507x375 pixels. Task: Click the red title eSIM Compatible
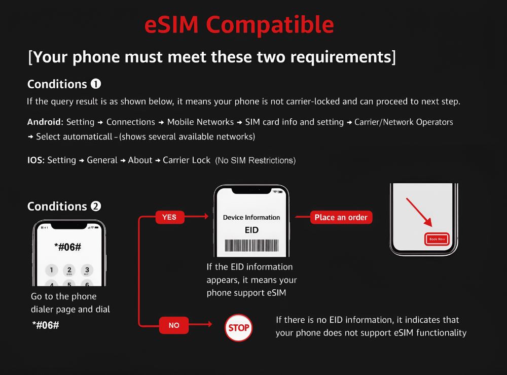click(239, 24)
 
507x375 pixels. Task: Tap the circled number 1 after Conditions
click(96, 84)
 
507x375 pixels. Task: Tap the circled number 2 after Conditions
click(96, 207)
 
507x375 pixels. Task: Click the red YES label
click(169, 217)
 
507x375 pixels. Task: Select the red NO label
click(174, 325)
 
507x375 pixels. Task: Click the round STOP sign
click(239, 328)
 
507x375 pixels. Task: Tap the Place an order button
click(341, 217)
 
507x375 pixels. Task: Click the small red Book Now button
click(437, 239)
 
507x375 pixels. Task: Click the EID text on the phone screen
click(251, 230)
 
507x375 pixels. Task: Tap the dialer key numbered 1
click(51, 270)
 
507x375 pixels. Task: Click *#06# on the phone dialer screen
click(68, 247)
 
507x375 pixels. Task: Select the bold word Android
click(44, 122)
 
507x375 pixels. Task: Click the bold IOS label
click(35, 160)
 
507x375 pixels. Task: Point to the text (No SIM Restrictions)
click(256, 160)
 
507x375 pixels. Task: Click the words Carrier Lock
click(187, 160)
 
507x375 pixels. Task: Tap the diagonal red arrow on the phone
click(419, 212)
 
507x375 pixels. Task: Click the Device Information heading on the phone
click(251, 217)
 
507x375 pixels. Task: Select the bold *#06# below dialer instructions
click(46, 325)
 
